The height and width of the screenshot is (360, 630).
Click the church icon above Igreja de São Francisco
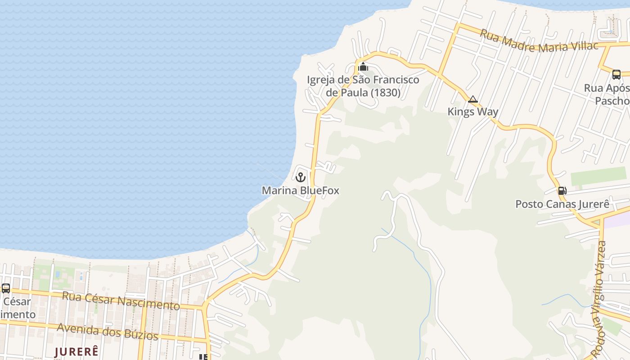click(363, 67)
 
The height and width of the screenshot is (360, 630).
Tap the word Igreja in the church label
click(321, 80)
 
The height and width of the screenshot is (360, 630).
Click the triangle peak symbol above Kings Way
click(472, 99)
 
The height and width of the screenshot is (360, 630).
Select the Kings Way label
click(472, 112)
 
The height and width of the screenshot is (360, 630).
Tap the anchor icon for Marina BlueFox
click(301, 177)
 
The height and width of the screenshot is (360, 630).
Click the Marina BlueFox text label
click(300, 190)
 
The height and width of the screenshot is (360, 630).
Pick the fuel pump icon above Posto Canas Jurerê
click(562, 191)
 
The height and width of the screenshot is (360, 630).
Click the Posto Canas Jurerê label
click(562, 204)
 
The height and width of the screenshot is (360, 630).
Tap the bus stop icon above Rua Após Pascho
click(616, 74)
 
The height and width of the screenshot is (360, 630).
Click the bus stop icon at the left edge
click(5, 288)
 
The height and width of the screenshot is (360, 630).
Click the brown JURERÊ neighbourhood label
click(76, 351)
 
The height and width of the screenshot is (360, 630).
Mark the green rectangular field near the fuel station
click(598, 176)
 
